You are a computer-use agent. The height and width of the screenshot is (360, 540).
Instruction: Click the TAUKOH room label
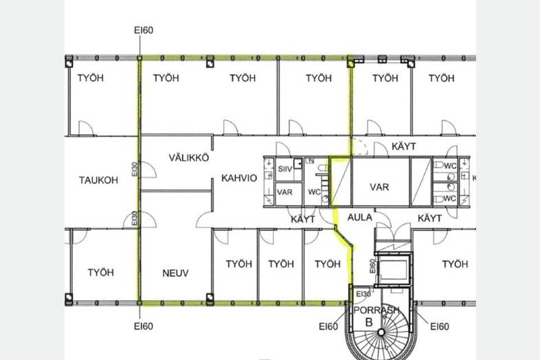click(98, 180)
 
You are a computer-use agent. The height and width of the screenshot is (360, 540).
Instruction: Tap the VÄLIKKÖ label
click(189, 158)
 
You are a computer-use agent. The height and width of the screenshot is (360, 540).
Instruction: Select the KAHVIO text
click(239, 178)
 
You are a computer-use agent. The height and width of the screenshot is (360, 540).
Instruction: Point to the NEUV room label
click(175, 273)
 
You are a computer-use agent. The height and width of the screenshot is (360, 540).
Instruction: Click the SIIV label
click(285, 169)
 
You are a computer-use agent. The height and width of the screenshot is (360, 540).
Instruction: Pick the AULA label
click(359, 217)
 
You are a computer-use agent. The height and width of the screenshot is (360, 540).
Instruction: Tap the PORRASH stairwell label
click(376, 310)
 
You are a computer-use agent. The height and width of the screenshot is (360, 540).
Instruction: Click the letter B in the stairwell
click(369, 322)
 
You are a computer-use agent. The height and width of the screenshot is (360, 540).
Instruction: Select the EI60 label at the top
click(144, 30)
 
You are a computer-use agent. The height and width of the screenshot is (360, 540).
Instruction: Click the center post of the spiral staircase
click(381, 333)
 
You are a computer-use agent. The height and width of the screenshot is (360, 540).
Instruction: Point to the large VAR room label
click(379, 187)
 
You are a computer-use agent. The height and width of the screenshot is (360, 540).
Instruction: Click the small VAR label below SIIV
click(284, 192)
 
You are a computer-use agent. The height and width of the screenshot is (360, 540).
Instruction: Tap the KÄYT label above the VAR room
click(403, 146)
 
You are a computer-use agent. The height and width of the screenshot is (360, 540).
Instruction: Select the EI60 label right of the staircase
click(440, 326)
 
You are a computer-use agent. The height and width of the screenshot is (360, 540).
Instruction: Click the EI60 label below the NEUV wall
click(144, 326)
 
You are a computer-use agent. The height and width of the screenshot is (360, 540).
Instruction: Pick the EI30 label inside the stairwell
click(363, 294)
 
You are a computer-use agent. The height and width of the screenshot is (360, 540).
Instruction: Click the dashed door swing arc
click(359, 146)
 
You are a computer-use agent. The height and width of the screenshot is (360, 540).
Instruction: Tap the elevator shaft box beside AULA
click(393, 269)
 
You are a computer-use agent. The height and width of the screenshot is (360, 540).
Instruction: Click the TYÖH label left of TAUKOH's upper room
click(90, 78)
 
